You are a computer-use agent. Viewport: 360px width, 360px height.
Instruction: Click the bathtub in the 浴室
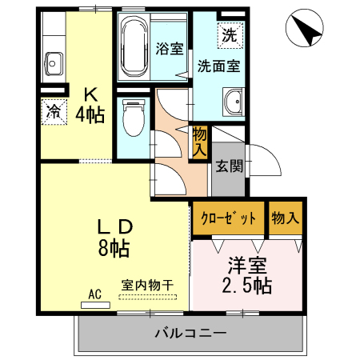pyautogui.click(x=134, y=47)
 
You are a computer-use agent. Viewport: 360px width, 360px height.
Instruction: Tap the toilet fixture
pyautogui.click(x=134, y=118)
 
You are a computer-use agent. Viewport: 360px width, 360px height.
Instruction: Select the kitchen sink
pyautogui.click(x=54, y=64)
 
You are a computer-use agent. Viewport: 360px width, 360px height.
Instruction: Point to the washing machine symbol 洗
pyautogui.click(x=230, y=36)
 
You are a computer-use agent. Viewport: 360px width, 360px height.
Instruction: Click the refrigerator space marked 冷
pyautogui.click(x=54, y=111)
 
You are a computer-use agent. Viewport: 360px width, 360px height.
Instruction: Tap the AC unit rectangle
pyautogui.click(x=95, y=305)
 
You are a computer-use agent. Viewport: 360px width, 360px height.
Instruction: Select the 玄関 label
pyautogui.click(x=230, y=166)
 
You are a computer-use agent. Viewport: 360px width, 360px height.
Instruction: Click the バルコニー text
pyautogui.click(x=190, y=333)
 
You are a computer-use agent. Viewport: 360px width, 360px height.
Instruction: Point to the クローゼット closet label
pyautogui.click(x=229, y=218)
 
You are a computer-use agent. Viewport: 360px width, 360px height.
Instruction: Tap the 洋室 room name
pyautogui.click(x=247, y=266)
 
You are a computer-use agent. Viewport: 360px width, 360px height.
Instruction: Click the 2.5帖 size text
pyautogui.click(x=247, y=286)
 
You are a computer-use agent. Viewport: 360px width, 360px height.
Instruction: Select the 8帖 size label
pyautogui.click(x=114, y=248)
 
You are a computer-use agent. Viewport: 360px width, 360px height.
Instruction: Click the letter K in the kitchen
pyautogui.click(x=90, y=94)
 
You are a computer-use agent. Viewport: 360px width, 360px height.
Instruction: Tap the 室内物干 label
pyautogui.click(x=147, y=285)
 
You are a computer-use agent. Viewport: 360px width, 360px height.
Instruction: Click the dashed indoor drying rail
pyautogui.click(x=148, y=297)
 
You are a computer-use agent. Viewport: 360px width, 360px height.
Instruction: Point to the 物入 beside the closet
pyautogui.click(x=285, y=218)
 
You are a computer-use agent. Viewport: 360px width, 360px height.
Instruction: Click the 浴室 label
pyautogui.click(x=170, y=49)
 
